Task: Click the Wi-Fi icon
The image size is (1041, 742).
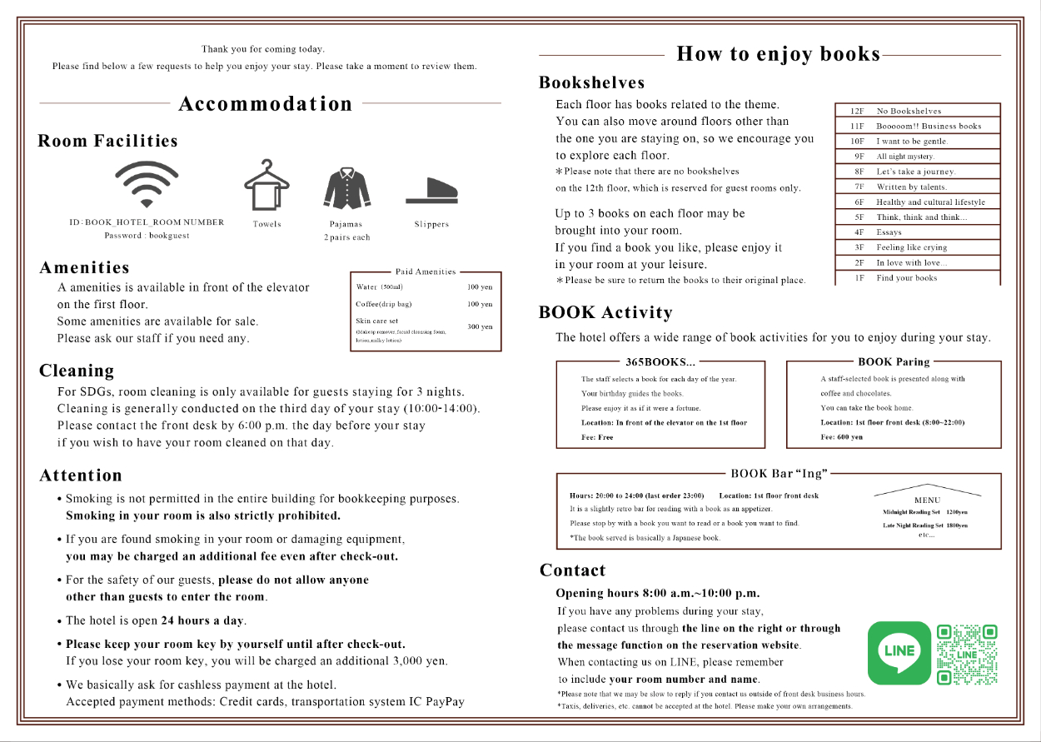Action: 147,183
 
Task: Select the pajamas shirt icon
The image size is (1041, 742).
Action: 346,187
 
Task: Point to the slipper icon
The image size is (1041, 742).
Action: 431,191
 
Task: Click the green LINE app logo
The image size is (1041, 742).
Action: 899,652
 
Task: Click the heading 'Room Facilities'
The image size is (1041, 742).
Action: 108,141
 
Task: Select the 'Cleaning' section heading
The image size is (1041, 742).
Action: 77,371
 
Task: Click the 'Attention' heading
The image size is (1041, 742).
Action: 81,476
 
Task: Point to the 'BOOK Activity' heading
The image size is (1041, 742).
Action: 605,313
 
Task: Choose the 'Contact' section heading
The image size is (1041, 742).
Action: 573,570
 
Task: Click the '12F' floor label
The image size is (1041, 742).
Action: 857,111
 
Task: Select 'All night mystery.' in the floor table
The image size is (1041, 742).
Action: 905,157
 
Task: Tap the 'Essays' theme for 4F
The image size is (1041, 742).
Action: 889,232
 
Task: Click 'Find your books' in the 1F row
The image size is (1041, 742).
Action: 906,278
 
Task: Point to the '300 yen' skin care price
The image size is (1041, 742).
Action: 480,327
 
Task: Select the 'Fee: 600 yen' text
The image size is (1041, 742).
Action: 841,437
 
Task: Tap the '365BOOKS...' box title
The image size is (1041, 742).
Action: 660,362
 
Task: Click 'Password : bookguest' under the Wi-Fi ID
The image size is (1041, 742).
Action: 147,236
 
